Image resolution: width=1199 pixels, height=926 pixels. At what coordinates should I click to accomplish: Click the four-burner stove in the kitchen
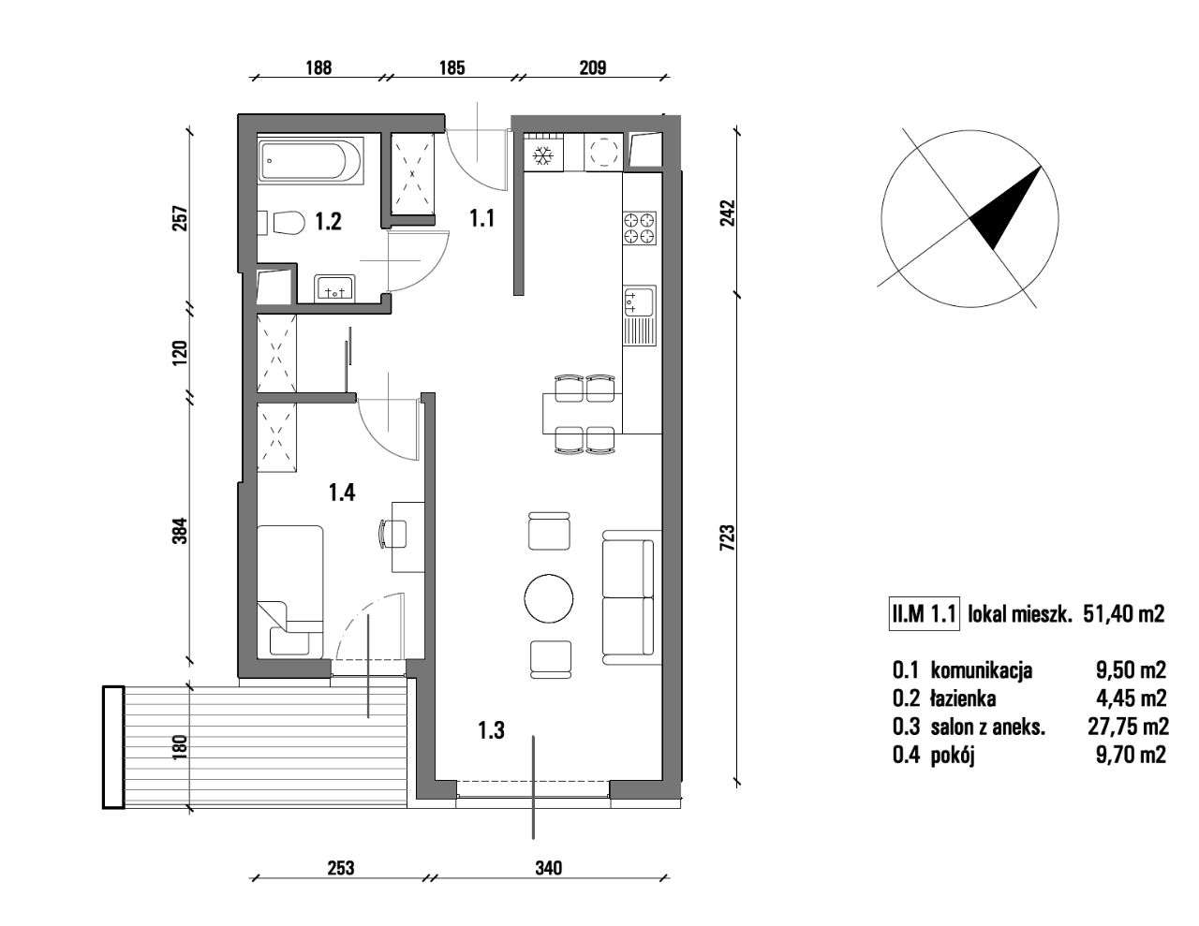(x=640, y=227)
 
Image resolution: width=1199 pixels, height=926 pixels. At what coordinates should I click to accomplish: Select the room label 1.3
(x=491, y=730)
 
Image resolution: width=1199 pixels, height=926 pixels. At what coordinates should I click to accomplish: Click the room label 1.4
(x=342, y=492)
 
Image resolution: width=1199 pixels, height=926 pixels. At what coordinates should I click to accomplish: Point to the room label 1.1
(x=481, y=219)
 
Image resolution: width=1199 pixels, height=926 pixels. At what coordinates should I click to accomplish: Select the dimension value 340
(x=549, y=868)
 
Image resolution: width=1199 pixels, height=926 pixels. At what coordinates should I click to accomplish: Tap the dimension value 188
(x=318, y=67)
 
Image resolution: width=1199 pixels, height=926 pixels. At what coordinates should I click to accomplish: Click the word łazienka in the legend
(x=963, y=698)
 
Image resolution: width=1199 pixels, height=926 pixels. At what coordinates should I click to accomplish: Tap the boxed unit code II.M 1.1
(x=923, y=614)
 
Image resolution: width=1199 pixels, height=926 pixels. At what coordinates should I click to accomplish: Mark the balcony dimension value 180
(x=180, y=746)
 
